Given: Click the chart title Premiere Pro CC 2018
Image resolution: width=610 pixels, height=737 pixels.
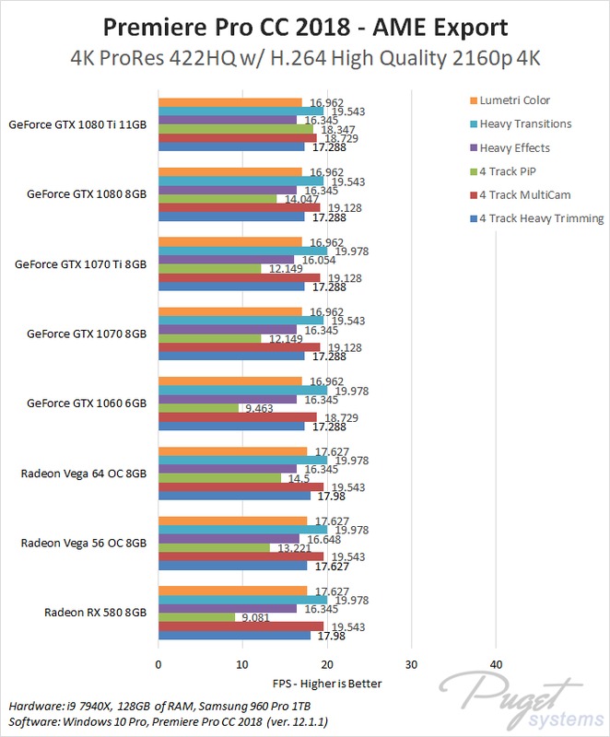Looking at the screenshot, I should (x=305, y=22).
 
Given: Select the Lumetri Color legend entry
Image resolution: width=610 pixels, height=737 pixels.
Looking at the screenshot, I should (x=510, y=99).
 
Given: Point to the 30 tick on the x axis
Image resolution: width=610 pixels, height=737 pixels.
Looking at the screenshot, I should (x=411, y=663).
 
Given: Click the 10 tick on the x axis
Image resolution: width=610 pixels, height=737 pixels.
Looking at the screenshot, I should (x=242, y=663).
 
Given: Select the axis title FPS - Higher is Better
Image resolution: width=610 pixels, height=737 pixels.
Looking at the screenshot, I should (x=326, y=684).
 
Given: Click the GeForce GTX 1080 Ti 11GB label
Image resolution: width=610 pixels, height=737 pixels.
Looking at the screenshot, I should (x=77, y=124).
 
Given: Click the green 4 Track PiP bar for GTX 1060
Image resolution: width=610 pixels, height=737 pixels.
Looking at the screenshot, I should (x=198, y=408).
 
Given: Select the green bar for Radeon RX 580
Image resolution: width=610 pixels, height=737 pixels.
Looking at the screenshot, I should (x=196, y=616).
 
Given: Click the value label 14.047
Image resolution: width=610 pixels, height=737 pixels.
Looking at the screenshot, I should (x=298, y=199).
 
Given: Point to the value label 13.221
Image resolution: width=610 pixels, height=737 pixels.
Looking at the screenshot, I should (x=291, y=547).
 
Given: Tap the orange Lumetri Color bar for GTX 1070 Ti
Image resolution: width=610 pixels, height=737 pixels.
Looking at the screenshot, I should (x=230, y=242).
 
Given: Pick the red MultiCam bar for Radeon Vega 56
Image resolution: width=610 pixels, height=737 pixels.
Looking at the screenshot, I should (x=241, y=556).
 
